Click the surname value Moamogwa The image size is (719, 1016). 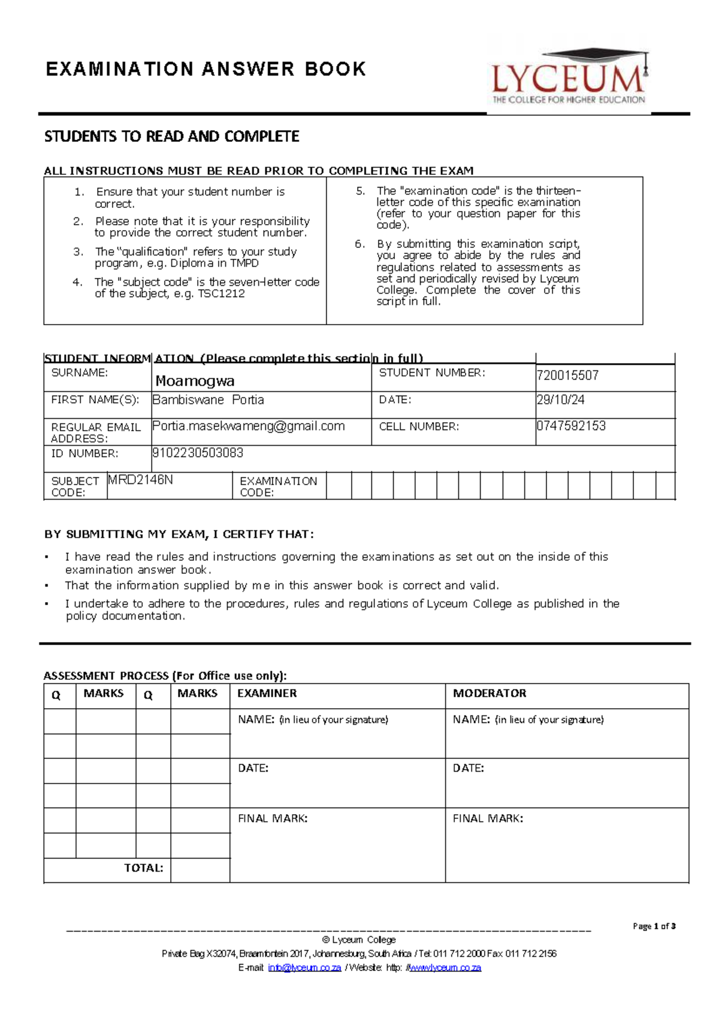point(195,381)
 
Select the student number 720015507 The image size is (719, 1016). point(567,376)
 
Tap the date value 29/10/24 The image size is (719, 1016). point(560,400)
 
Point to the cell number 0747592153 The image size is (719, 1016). point(571,426)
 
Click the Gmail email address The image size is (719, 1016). point(249,426)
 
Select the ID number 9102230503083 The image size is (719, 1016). point(198,453)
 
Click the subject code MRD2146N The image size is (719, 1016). point(140,480)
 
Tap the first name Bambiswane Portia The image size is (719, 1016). point(208,400)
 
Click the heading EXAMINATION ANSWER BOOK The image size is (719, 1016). point(206,69)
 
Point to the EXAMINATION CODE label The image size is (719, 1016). point(278,486)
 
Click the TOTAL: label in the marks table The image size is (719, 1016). point(143,868)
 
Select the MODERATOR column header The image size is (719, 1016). point(490,693)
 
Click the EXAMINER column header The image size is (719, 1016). point(267,693)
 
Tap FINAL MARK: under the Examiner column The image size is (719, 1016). point(273,818)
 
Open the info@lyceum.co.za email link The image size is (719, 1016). point(304,967)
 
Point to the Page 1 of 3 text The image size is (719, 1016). point(654,926)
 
